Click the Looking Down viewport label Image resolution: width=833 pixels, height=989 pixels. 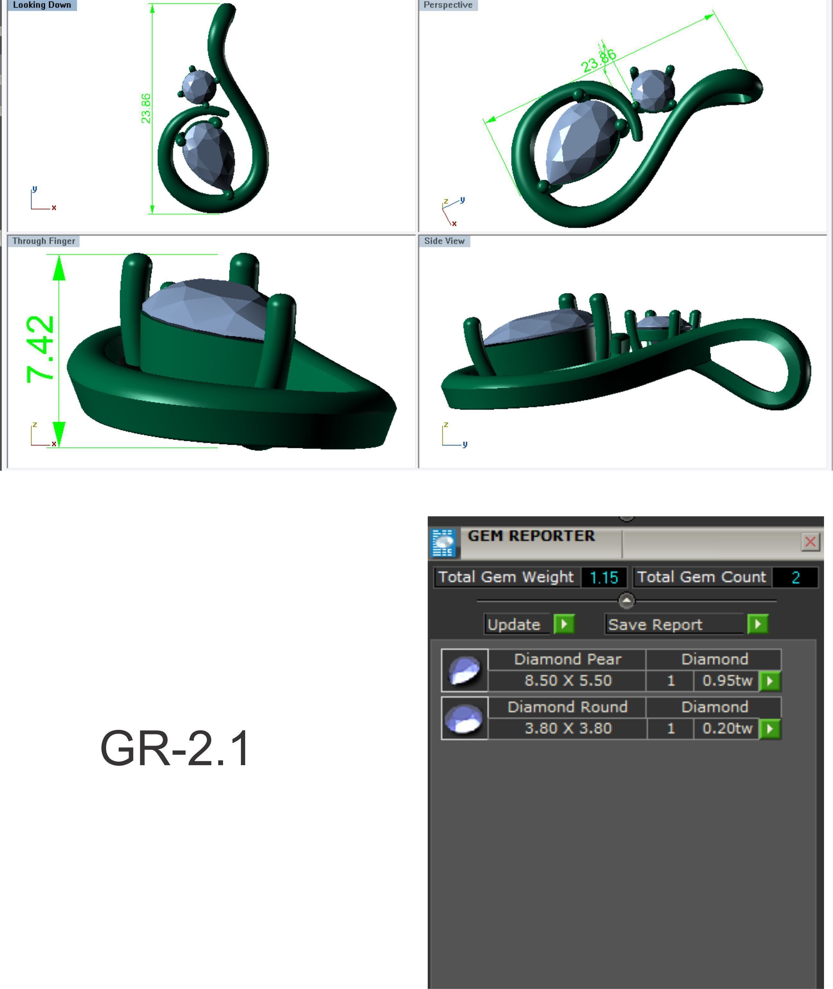click(x=42, y=5)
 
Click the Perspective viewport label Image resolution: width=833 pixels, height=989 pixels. click(x=448, y=5)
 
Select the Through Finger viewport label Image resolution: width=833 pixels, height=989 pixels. click(x=43, y=241)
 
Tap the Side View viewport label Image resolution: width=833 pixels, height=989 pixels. click(x=444, y=241)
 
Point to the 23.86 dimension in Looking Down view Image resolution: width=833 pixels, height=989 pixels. click(x=146, y=108)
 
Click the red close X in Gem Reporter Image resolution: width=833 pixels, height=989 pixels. click(x=810, y=541)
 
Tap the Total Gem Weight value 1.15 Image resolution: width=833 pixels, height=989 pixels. click(x=604, y=577)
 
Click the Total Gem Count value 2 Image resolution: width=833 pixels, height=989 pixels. click(x=795, y=577)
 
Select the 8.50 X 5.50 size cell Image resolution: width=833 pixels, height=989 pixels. click(x=568, y=680)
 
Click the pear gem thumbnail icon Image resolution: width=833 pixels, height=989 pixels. click(x=464, y=670)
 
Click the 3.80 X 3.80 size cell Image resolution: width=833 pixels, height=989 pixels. click(x=568, y=728)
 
